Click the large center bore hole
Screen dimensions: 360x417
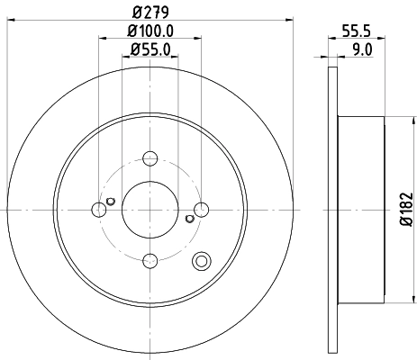point(150,210)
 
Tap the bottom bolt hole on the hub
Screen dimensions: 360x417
point(150,261)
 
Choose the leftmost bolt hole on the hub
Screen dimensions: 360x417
point(99,210)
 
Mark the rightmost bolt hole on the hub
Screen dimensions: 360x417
point(202,210)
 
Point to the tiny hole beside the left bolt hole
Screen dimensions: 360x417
point(111,200)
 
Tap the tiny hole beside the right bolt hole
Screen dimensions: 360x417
point(190,219)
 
